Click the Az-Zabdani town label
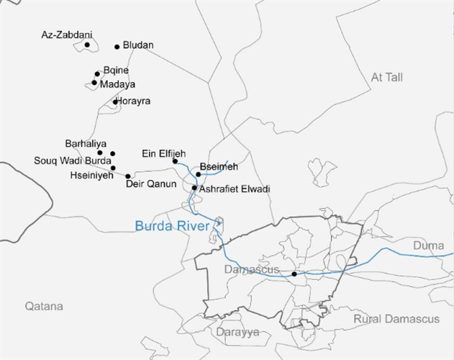(x=67, y=35)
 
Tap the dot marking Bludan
(x=117, y=47)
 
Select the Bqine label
(x=116, y=71)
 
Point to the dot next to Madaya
(x=94, y=83)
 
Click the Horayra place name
(x=134, y=102)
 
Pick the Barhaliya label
(x=86, y=143)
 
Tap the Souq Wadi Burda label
(x=73, y=161)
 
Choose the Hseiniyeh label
(x=91, y=175)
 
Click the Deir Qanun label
(x=151, y=184)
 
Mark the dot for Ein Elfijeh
(x=175, y=161)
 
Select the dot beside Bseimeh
(x=199, y=174)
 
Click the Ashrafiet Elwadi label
(x=234, y=189)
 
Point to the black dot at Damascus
(x=294, y=274)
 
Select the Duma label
(x=428, y=246)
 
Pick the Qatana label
(x=44, y=306)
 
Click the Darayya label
(x=237, y=333)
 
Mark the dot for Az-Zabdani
(x=87, y=45)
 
